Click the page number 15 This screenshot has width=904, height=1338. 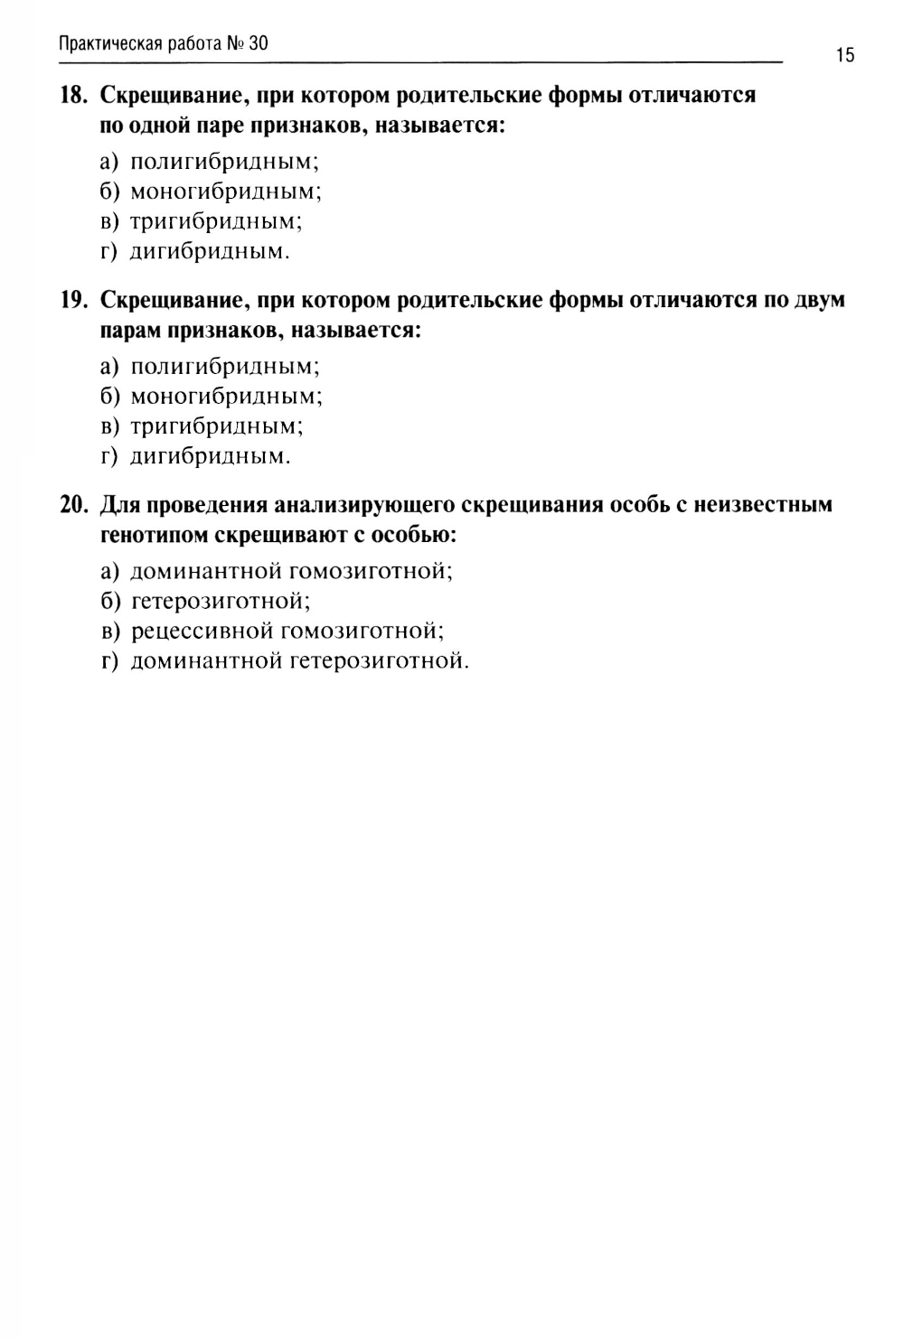(x=844, y=56)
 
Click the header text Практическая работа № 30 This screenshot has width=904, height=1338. (x=164, y=43)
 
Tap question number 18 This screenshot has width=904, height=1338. (x=73, y=95)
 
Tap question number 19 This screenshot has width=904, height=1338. (x=73, y=300)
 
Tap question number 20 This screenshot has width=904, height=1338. (x=73, y=504)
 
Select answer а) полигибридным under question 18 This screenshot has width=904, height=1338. (x=210, y=162)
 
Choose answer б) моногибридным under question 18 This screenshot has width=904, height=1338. (x=212, y=192)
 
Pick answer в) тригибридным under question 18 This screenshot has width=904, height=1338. (x=202, y=221)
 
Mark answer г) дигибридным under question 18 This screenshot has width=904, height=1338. (x=195, y=251)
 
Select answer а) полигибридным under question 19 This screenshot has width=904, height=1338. (x=210, y=366)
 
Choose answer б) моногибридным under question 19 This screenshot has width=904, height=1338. (x=212, y=396)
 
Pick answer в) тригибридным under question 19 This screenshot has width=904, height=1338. (x=202, y=426)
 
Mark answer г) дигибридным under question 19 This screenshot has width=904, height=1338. (x=195, y=456)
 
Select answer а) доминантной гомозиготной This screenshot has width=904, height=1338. (x=277, y=571)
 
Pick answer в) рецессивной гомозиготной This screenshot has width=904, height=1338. (x=272, y=631)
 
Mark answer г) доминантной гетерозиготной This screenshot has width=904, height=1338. (x=285, y=661)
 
